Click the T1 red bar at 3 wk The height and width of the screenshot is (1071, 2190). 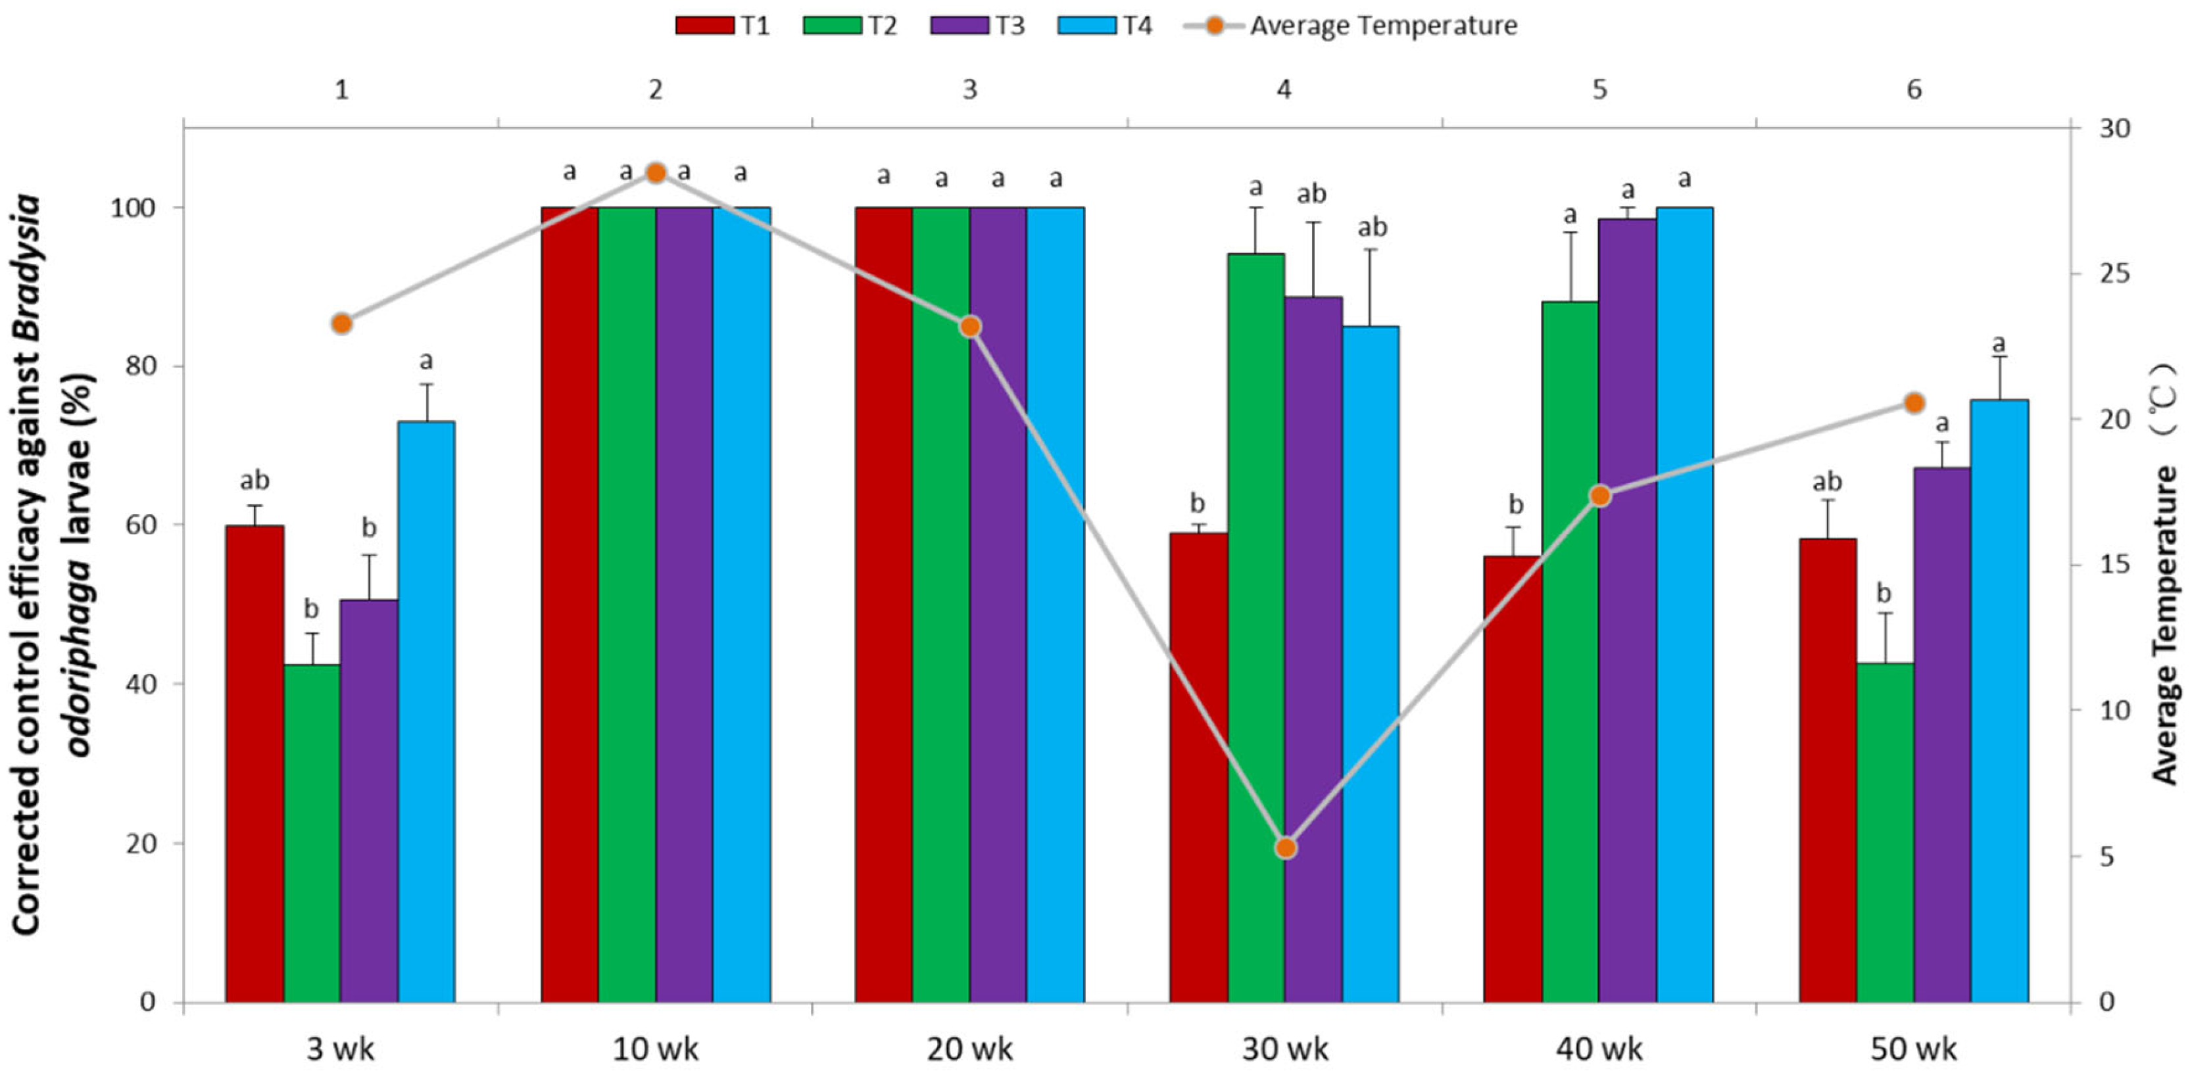click(255, 764)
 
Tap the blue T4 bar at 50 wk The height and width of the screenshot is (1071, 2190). click(1999, 702)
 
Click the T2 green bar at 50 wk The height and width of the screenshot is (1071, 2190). click(1885, 833)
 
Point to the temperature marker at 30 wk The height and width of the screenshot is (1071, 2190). click(1286, 848)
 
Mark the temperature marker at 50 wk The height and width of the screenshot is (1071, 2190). click(1914, 403)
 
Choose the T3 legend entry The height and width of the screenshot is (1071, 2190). click(978, 26)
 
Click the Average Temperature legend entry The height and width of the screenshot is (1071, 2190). click(1350, 26)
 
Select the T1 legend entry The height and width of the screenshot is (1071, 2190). click(723, 26)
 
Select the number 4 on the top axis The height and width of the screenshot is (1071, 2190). click(1284, 89)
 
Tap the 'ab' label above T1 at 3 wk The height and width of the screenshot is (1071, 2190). click(255, 481)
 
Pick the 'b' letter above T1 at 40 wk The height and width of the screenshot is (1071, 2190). click(1515, 504)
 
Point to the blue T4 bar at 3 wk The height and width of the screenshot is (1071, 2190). click(426, 712)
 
